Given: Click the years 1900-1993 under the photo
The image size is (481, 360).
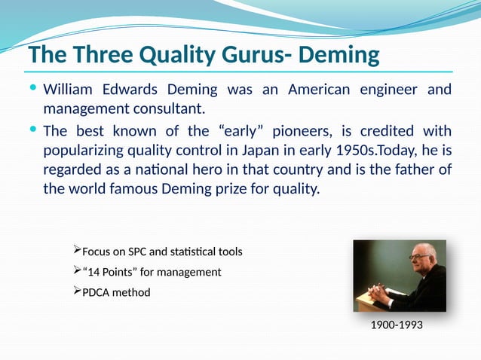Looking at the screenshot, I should point(397,325).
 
